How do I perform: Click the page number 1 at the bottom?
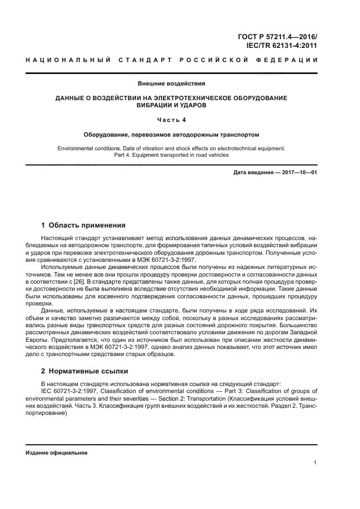(315, 463)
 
